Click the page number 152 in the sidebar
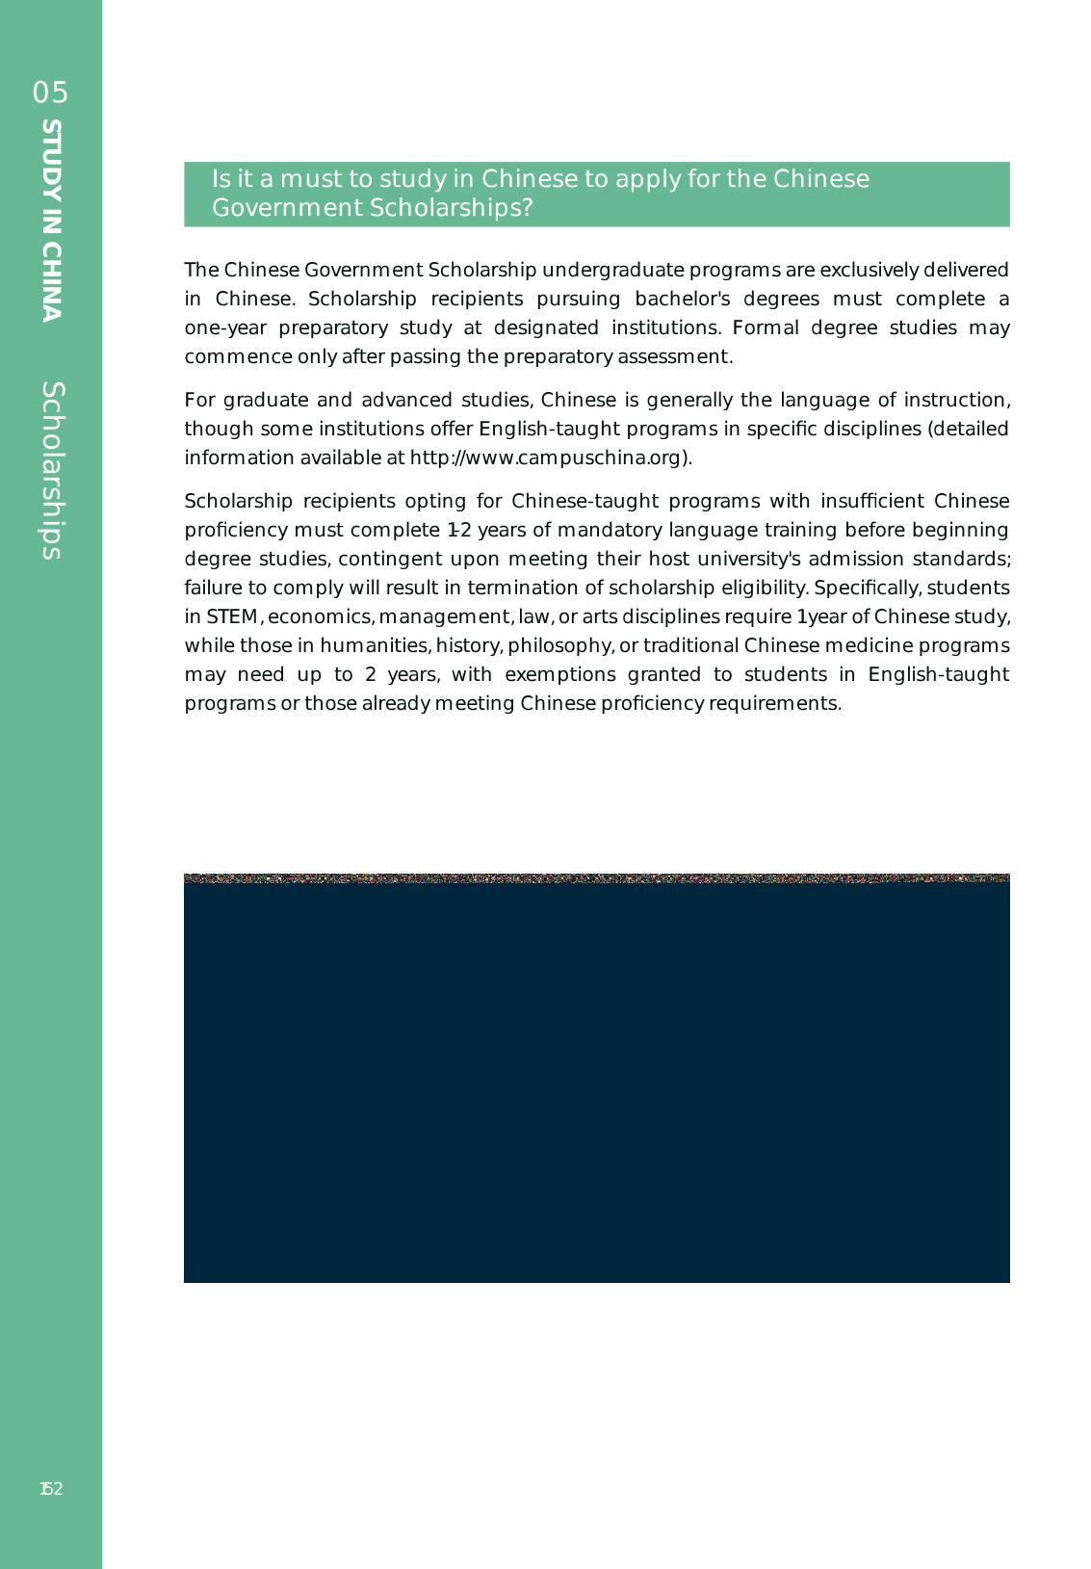tap(51, 1489)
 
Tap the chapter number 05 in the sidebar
tap(51, 92)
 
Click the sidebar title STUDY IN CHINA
tap(52, 220)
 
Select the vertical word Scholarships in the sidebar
tap(52, 470)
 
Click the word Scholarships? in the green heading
tap(452, 208)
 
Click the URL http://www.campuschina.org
tap(546, 458)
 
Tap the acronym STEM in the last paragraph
tap(232, 616)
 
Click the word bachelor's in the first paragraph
tap(678, 299)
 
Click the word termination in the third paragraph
tap(520, 588)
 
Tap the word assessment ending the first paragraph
tap(680, 356)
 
